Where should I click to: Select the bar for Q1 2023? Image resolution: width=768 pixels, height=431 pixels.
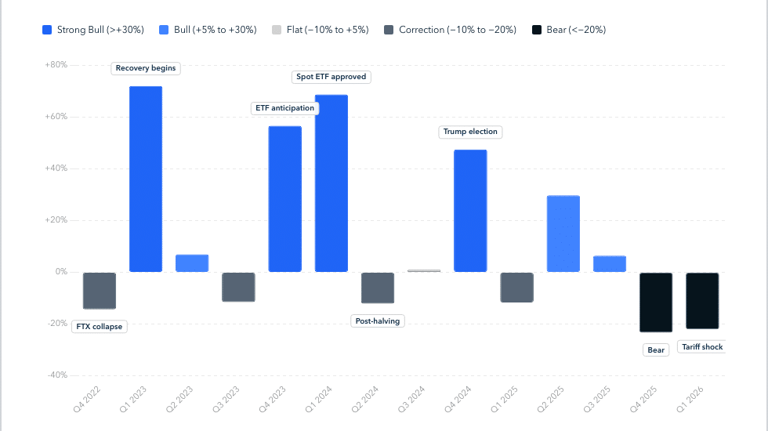click(x=146, y=179)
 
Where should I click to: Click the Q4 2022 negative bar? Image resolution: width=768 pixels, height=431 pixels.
click(x=100, y=291)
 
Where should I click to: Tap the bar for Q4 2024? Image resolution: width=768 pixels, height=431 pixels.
click(x=470, y=211)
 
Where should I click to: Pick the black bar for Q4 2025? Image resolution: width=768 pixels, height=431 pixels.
click(x=656, y=302)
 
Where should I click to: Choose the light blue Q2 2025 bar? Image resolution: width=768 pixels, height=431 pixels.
click(x=563, y=234)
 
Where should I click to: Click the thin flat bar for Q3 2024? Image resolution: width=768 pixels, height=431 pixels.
click(x=424, y=270)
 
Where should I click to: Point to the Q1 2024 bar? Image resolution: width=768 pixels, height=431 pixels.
click(x=331, y=183)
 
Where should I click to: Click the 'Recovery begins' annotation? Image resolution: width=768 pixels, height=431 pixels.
click(x=146, y=68)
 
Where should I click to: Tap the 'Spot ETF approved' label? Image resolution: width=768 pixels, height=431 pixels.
click(x=331, y=77)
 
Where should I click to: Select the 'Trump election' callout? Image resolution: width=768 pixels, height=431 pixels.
click(x=470, y=132)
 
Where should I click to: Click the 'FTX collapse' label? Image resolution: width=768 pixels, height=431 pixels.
click(x=100, y=326)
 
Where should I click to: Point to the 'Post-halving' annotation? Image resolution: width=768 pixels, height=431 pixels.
click(x=378, y=321)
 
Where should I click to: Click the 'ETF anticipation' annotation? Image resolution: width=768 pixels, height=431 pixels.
click(x=284, y=108)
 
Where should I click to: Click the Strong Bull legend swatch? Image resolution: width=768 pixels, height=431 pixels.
click(x=47, y=30)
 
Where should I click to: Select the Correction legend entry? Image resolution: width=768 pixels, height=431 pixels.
click(x=450, y=30)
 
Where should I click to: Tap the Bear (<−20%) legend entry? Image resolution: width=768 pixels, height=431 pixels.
click(x=569, y=30)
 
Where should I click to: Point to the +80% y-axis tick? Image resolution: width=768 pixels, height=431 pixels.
click(x=56, y=64)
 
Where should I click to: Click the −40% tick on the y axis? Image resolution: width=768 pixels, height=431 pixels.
click(x=56, y=375)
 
